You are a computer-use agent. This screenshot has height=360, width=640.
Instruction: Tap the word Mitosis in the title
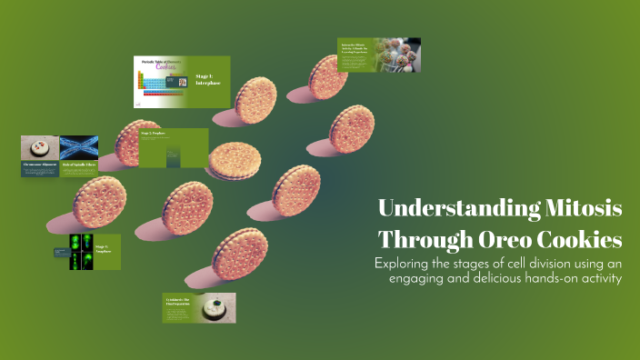(x=584, y=208)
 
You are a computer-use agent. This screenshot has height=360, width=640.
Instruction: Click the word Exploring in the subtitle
(x=405, y=264)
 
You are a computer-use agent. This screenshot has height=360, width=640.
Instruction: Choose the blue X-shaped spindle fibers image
(x=79, y=147)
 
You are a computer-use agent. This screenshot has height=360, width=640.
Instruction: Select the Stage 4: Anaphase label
(x=103, y=248)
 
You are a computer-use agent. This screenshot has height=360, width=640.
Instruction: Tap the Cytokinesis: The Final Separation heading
(x=177, y=299)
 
